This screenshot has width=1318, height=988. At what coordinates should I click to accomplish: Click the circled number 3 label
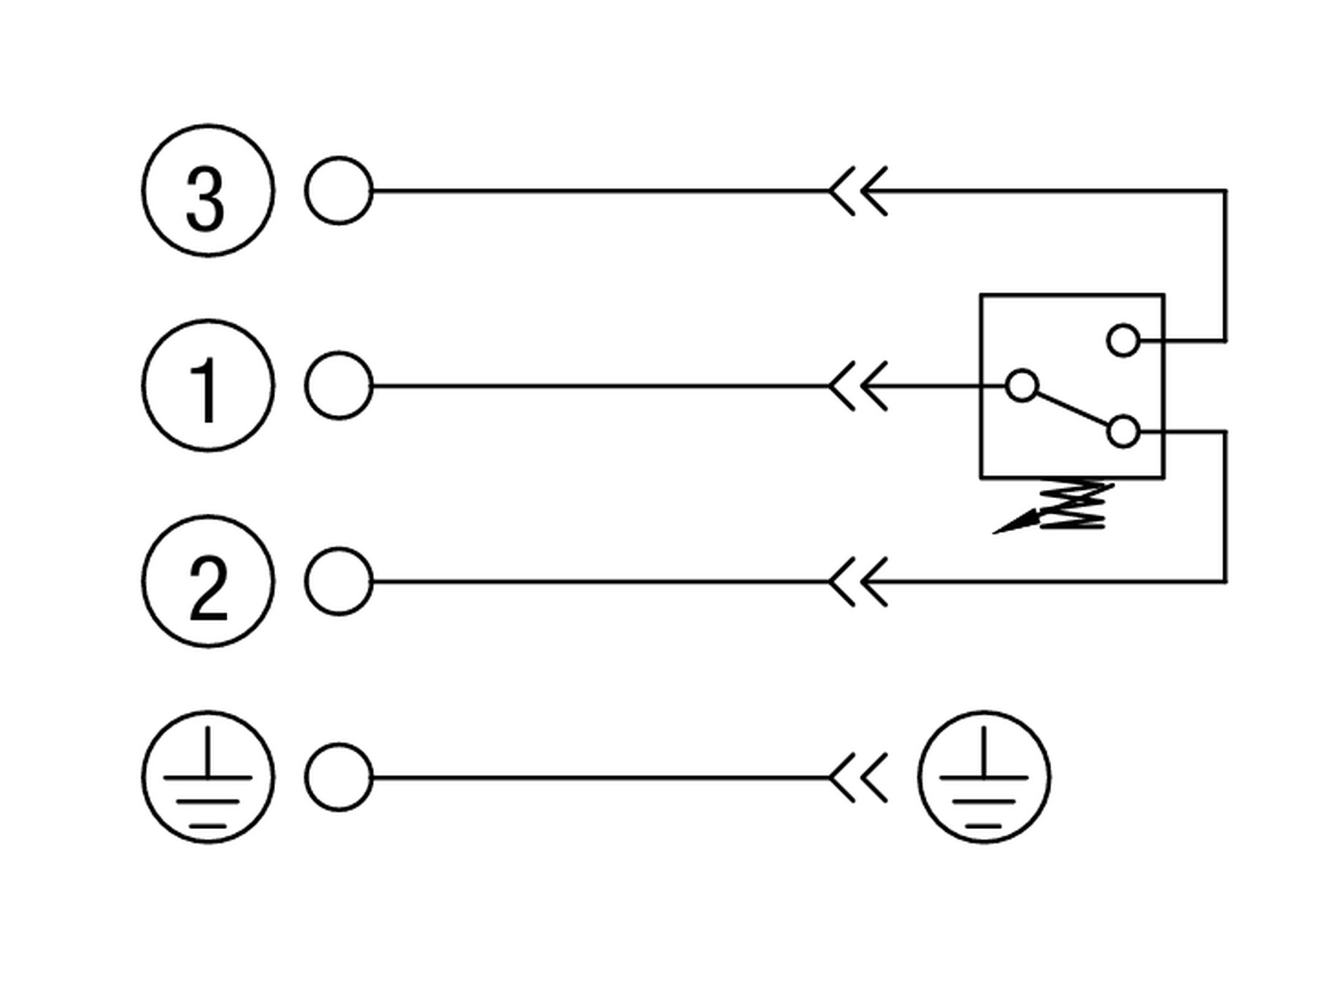[x=208, y=191]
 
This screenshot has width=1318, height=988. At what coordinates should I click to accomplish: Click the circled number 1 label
[x=208, y=385]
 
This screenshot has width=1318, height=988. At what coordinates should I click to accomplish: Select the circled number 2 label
[x=208, y=580]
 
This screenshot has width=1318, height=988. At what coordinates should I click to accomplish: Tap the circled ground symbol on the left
[x=208, y=777]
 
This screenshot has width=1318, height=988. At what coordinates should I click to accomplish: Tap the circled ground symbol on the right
[x=984, y=777]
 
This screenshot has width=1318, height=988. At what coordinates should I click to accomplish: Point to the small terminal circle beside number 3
[x=339, y=191]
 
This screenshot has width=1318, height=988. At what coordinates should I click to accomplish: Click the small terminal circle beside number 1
[x=339, y=385]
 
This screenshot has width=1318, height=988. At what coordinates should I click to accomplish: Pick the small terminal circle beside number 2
[x=339, y=580]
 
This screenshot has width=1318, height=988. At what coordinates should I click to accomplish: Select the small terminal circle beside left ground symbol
[x=339, y=777]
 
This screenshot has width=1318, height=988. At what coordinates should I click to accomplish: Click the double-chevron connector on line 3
[x=858, y=191]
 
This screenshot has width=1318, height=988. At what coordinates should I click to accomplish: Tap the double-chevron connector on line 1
[x=858, y=385]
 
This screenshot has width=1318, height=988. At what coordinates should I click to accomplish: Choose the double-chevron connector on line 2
[x=858, y=581]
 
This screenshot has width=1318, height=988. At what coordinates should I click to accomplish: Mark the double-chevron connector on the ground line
[x=858, y=777]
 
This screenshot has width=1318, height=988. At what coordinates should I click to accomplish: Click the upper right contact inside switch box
[x=1123, y=340]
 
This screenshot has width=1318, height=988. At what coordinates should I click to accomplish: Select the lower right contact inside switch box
[x=1123, y=431]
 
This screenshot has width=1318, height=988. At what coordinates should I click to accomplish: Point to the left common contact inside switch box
[x=1021, y=385]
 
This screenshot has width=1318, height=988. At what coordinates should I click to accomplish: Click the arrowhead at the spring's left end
[x=1016, y=522]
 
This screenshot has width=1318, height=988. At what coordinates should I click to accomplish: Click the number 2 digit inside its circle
[x=208, y=587]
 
